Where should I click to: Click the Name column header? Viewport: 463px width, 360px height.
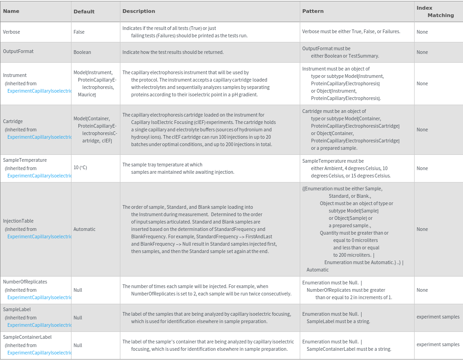[11, 11]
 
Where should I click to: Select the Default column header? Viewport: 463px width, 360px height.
[84, 12]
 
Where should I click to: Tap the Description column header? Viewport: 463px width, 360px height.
[139, 11]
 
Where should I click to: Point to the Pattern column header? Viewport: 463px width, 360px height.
[313, 11]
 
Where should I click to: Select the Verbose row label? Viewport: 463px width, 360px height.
[12, 32]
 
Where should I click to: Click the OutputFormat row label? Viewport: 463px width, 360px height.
[18, 51]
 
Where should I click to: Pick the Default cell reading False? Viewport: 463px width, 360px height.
[79, 32]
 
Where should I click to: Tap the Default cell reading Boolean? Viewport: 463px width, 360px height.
[82, 52]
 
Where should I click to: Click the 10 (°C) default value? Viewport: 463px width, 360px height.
[80, 167]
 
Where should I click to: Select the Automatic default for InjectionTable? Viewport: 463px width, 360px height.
[84, 229]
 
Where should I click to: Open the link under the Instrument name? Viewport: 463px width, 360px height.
[40, 91]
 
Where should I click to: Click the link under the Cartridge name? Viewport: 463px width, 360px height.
[40, 137]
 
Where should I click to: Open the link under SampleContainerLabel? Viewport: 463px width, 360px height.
[40, 353]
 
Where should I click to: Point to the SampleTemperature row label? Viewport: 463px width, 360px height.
[25, 160]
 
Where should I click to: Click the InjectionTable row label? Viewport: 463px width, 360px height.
[18, 221]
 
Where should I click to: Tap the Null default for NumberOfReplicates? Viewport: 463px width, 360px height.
[77, 290]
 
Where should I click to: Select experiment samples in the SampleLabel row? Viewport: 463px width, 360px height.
[438, 317]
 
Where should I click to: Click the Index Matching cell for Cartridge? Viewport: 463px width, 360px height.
[422, 130]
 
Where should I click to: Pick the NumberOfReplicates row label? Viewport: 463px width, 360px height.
[25, 282]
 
